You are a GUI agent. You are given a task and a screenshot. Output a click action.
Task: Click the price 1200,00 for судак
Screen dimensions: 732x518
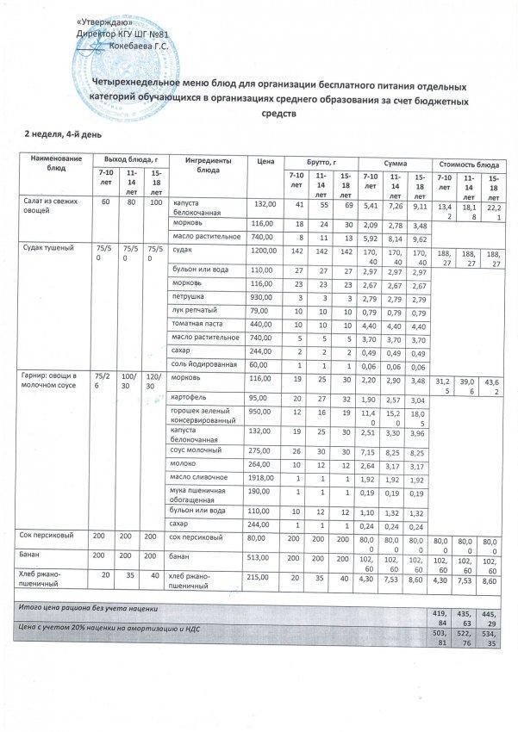click(262, 247)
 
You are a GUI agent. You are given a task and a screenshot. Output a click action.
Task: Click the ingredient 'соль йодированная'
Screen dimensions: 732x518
click(202, 365)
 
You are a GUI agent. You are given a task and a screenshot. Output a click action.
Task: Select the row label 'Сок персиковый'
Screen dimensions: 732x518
click(48, 537)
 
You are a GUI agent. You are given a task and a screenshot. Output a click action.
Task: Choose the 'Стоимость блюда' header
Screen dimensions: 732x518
click(469, 163)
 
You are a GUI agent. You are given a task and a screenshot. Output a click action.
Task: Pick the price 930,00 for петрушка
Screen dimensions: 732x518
click(262, 295)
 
